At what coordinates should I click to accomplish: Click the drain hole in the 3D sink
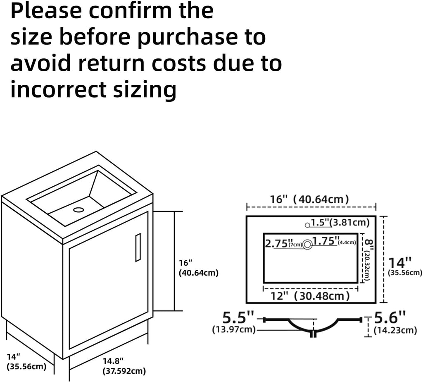(78, 209)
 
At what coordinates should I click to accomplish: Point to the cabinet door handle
(138, 247)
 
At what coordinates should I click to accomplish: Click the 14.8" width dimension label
(113, 361)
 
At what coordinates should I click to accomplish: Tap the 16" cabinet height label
(185, 263)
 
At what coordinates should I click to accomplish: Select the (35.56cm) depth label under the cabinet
(26, 367)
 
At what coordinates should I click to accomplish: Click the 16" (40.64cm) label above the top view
(309, 199)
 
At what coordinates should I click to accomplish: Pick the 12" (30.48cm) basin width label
(310, 296)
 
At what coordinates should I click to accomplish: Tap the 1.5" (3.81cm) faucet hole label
(340, 223)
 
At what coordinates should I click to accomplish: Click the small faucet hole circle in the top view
(307, 225)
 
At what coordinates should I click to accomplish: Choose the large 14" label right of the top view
(400, 263)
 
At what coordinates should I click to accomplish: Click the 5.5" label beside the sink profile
(238, 318)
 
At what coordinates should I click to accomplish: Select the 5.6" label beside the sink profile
(390, 318)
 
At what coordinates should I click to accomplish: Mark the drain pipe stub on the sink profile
(313, 334)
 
